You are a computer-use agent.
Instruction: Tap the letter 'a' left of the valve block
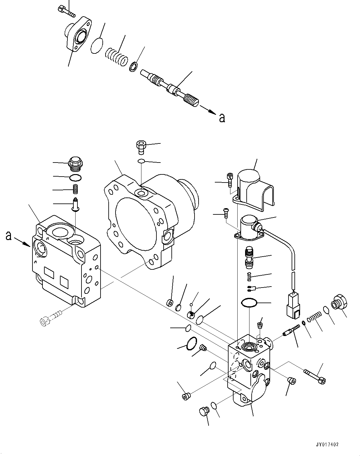[8, 236]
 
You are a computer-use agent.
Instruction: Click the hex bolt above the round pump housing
[141, 147]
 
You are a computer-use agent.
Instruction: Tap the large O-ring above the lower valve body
[249, 303]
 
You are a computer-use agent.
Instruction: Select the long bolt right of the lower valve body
[314, 376]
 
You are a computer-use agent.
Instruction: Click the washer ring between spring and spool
[133, 67]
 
